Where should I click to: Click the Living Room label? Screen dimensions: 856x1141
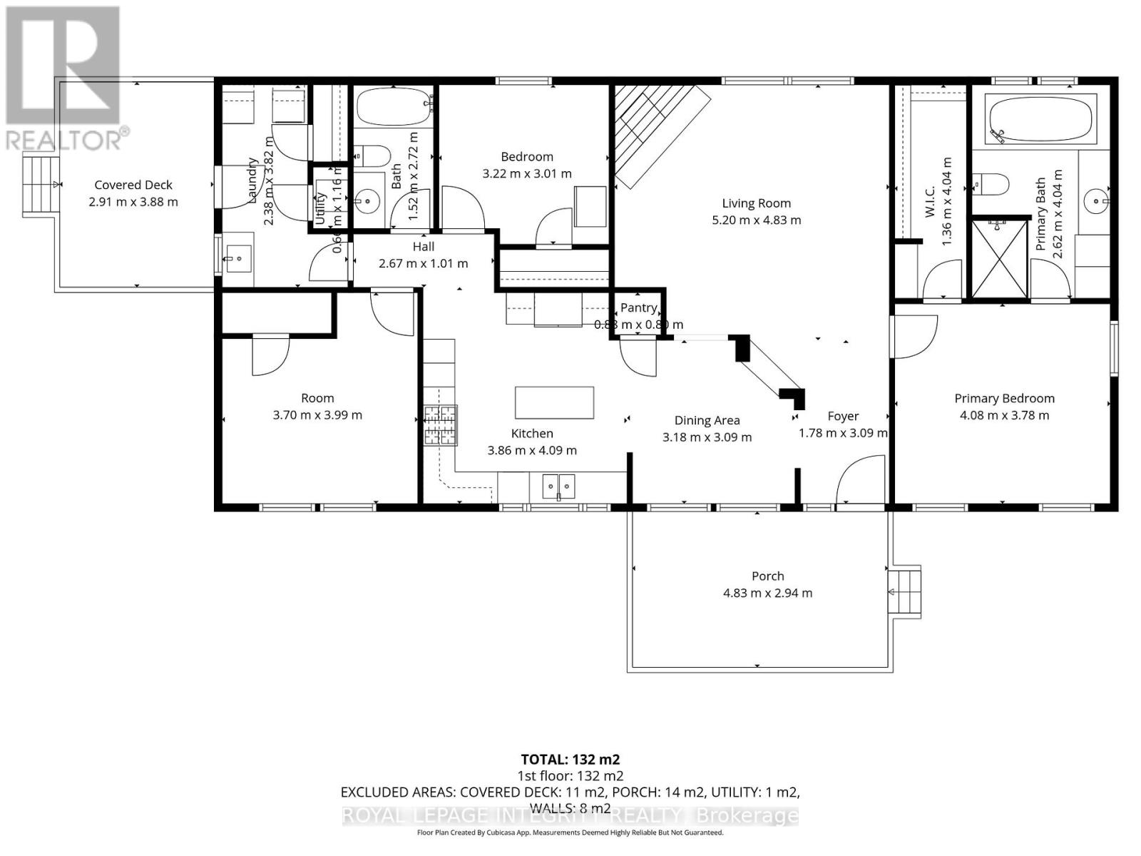click(756, 203)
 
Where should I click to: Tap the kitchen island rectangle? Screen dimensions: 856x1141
click(554, 402)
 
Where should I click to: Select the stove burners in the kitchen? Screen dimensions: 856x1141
click(440, 425)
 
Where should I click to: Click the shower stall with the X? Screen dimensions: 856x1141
click(1001, 260)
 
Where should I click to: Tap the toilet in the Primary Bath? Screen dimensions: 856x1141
click(991, 184)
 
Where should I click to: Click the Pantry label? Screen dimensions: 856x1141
click(638, 307)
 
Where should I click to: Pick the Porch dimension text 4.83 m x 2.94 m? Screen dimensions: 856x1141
click(767, 593)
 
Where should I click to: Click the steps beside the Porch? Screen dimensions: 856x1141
click(904, 592)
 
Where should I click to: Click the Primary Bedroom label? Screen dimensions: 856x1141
click(1004, 398)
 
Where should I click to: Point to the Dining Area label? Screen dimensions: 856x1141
click(707, 421)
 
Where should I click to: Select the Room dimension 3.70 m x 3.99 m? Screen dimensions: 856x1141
click(317, 415)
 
